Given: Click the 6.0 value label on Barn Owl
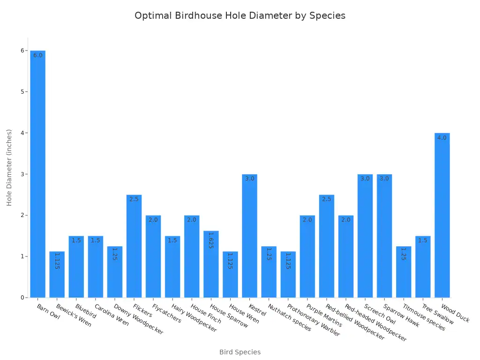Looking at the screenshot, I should [x=38, y=55].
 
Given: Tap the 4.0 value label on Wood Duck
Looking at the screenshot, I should [x=442, y=138].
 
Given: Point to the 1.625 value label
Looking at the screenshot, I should [x=211, y=240].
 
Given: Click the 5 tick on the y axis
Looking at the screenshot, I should [x=22, y=91].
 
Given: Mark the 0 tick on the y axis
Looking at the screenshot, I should [x=22, y=298].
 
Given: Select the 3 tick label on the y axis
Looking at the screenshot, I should [x=22, y=174].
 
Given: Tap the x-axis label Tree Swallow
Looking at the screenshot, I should [x=437, y=314].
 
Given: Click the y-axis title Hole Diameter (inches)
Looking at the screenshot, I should [x=9, y=168].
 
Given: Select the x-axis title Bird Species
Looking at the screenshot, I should [x=240, y=352].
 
